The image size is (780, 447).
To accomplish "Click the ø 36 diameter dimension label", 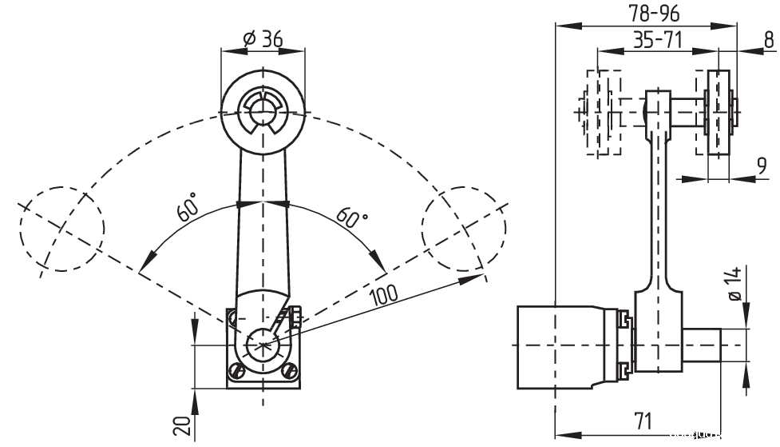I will [262, 38].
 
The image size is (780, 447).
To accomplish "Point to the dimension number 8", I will [768, 39].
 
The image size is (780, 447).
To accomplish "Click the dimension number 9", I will [762, 166].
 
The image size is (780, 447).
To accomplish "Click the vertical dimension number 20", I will [182, 426].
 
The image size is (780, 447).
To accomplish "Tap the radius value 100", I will [385, 293].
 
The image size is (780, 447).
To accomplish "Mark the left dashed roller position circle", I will [62, 229].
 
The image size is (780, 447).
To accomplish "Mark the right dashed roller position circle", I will [465, 229].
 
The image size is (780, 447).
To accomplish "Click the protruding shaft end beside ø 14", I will [703, 345].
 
